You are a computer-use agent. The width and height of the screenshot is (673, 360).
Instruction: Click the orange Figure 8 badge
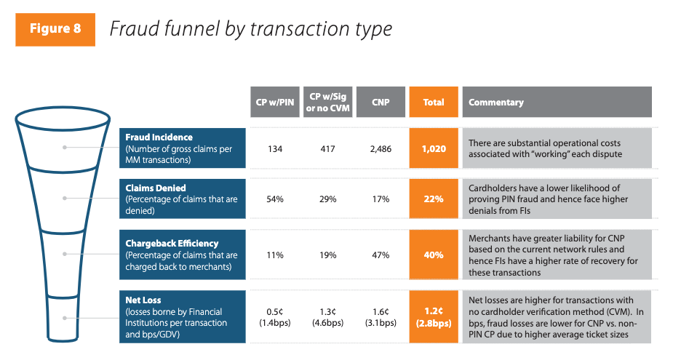click(55, 29)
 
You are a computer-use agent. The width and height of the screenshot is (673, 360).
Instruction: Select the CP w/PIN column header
click(274, 103)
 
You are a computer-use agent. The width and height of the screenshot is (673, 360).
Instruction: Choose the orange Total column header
click(434, 103)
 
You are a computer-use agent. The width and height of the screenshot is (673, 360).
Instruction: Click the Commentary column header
click(557, 103)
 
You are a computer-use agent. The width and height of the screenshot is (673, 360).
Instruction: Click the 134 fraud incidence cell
click(274, 148)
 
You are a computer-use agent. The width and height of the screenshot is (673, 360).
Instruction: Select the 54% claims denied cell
click(274, 199)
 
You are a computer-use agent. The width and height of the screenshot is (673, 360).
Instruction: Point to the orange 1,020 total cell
click(434, 148)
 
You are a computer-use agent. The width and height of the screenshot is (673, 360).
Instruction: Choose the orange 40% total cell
click(434, 255)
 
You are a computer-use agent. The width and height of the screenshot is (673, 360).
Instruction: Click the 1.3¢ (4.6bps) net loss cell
click(327, 317)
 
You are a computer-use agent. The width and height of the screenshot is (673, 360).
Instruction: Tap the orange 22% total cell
click(434, 199)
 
